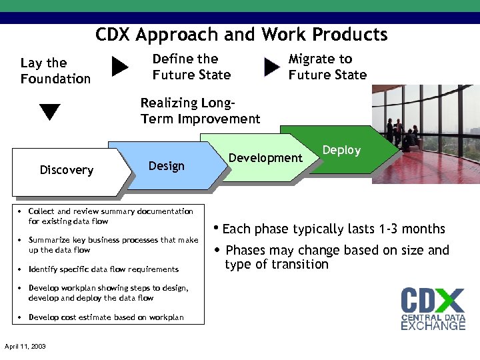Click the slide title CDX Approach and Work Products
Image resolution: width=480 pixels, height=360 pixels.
point(241,35)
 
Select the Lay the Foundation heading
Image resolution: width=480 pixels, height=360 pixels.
point(55,71)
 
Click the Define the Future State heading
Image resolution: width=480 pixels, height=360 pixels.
point(191,67)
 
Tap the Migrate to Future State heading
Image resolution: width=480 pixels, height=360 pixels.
point(327,67)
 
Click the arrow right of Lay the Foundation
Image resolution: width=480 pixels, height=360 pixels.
point(120,67)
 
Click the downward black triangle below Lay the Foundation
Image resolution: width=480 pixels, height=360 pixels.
point(50,111)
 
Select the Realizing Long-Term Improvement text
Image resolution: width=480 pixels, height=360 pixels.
point(200,111)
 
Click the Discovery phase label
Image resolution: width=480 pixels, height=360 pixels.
point(67,170)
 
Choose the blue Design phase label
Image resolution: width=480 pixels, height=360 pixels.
point(167,166)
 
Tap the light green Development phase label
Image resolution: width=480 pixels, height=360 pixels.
point(265,158)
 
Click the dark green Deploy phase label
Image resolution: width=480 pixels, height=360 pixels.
point(341,150)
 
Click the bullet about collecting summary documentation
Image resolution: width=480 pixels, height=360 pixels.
point(111,216)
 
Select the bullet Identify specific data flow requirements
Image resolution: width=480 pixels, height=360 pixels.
point(103,269)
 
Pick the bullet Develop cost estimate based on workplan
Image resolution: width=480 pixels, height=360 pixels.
point(106,317)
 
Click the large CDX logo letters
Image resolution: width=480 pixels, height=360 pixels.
point(433,300)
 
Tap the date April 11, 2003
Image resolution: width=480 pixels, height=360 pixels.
point(25,347)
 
